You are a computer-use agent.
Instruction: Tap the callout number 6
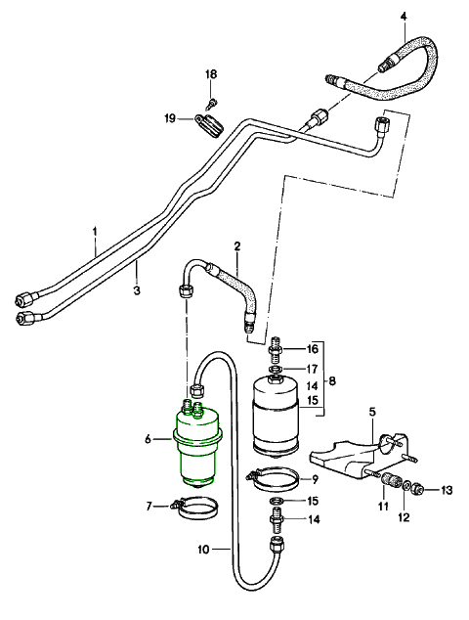[x=148, y=439]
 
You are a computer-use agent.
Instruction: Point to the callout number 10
[x=203, y=550]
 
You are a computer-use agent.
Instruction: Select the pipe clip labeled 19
[x=209, y=125]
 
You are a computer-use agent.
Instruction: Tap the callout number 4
[x=403, y=17]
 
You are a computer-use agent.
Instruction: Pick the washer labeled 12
[x=406, y=486]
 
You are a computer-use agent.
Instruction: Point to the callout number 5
[x=372, y=412]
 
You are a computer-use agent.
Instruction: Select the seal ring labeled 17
[x=276, y=370]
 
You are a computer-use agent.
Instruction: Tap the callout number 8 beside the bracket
[x=332, y=381]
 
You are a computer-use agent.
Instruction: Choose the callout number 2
[x=237, y=246]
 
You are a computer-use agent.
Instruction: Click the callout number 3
[x=137, y=290]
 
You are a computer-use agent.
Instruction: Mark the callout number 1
[x=95, y=231]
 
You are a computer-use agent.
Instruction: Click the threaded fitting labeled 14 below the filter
[x=277, y=518]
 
